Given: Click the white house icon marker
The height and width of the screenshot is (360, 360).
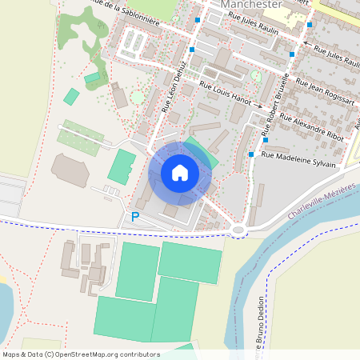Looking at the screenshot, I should coord(180,172).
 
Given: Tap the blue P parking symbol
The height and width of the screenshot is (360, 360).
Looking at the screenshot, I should coord(134,217).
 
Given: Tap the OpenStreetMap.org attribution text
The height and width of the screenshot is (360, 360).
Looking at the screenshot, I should coord(109,354).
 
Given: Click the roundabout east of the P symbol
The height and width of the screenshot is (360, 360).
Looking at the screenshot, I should coord(238,231).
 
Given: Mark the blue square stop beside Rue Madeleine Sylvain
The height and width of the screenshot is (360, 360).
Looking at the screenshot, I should coord(251,154).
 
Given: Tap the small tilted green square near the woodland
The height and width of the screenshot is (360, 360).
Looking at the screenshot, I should coord(71,97).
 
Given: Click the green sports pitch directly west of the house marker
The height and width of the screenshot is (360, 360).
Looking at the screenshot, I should coord(122,166).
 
